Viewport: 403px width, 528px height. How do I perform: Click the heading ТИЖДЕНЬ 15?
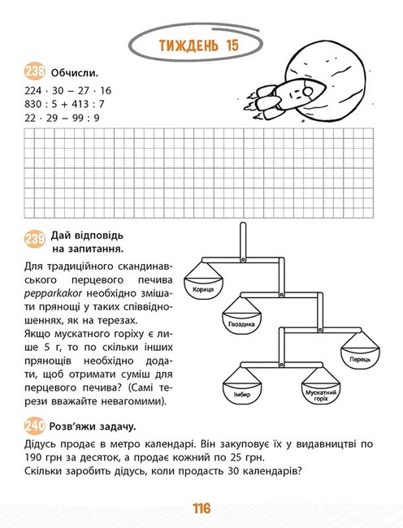(198, 45)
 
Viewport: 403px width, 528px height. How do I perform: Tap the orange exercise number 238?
(35, 71)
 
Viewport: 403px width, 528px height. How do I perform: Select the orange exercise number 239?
(35, 239)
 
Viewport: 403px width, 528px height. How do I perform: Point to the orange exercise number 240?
(35, 426)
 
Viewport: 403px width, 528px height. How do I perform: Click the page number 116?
(201, 509)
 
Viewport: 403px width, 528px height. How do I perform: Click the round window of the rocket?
(307, 91)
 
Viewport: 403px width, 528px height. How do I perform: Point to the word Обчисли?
(75, 73)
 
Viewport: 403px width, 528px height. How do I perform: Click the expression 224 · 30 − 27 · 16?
(67, 91)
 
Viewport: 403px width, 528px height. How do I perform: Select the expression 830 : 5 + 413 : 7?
(64, 104)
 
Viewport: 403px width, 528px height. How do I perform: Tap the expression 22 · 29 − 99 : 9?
(62, 118)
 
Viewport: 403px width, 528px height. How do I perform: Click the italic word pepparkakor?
(53, 293)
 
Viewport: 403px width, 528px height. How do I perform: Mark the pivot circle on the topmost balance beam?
(243, 260)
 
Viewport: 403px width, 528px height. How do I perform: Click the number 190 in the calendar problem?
(33, 458)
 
